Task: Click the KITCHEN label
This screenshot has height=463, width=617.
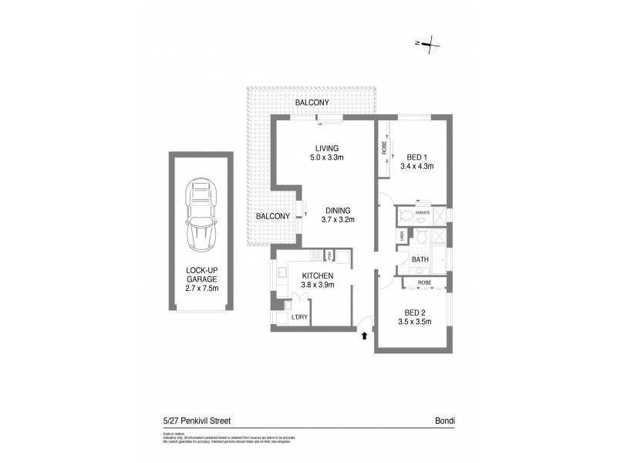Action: [318, 276]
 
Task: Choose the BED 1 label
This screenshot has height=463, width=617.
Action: [416, 157]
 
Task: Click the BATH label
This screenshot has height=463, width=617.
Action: [420, 260]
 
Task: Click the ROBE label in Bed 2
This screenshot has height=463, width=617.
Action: [423, 283]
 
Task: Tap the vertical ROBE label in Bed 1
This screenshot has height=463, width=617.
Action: [384, 147]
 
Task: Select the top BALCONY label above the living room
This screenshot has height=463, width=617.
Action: [311, 102]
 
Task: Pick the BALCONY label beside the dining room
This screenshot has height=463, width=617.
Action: [272, 216]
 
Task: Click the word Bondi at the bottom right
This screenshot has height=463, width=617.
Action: [445, 421]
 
